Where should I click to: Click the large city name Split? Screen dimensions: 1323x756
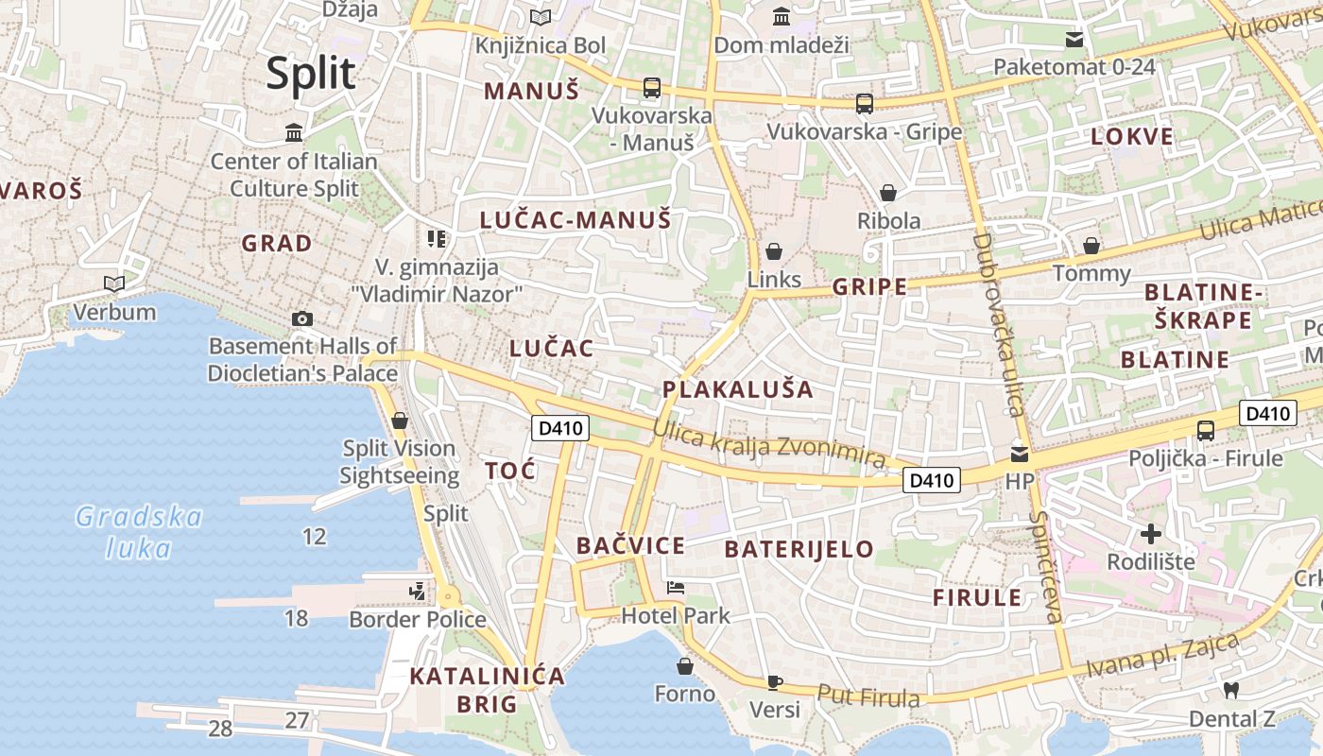[310, 74]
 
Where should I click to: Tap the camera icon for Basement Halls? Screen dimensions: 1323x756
[302, 318]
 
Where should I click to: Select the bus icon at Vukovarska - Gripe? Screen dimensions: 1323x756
[864, 103]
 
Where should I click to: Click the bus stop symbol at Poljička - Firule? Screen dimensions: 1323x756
[1206, 431]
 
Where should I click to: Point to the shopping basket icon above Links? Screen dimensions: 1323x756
[774, 251]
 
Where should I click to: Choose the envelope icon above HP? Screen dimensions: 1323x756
[1019, 454]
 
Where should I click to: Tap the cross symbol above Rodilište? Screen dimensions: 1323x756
[1150, 534]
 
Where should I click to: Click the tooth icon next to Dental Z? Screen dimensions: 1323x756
[1230, 691]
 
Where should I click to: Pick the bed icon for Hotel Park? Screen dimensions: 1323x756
[675, 588]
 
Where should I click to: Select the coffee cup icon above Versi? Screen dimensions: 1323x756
[774, 681]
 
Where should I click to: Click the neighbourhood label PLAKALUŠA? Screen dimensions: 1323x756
[738, 389]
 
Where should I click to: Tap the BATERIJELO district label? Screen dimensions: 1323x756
[799, 549]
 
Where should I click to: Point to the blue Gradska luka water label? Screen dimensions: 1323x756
[139, 532]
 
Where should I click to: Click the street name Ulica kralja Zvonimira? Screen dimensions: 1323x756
[769, 444]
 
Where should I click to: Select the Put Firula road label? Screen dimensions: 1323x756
[868, 696]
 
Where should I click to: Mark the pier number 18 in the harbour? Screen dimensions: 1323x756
[296, 619]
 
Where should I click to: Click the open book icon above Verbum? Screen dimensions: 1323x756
[114, 283]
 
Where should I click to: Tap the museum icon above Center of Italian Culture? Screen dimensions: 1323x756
[294, 133]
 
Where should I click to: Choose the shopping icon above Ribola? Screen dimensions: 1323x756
[888, 194]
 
